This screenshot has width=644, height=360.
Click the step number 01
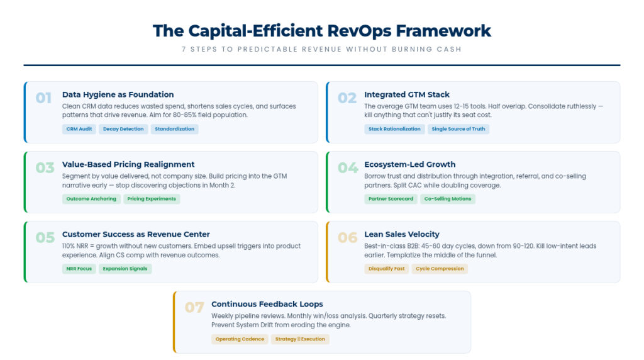43,98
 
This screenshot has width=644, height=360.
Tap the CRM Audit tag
79,129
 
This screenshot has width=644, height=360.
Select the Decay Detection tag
123,129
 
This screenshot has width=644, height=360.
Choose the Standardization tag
175,129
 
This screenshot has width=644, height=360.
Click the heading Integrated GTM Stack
407,94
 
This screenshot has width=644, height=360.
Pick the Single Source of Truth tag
458,129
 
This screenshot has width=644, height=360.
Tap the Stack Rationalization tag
394,129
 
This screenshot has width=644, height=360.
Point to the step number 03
45,167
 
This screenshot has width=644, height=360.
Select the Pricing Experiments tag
152,199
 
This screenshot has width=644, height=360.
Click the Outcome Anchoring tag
91,199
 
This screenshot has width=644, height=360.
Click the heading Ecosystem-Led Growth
410,164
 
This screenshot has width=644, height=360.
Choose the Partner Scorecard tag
391,199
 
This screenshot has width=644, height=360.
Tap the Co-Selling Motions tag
448,199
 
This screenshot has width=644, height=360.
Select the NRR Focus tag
79,269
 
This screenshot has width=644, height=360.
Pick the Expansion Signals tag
125,269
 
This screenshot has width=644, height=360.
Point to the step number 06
347,237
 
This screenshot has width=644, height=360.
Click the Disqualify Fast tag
387,269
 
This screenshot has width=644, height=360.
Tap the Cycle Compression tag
440,269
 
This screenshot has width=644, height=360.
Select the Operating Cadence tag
240,339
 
